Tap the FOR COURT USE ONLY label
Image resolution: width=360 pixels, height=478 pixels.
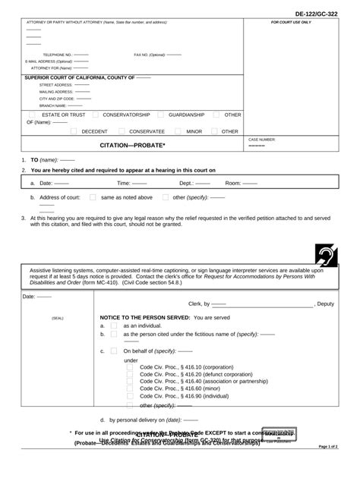tap(291, 23)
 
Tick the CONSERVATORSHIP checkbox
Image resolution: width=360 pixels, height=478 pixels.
tap(95, 115)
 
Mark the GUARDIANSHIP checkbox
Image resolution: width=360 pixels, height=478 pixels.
tap(160, 115)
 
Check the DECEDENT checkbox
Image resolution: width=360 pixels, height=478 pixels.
tap(73, 131)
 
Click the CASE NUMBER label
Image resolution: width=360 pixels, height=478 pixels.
tap(262, 140)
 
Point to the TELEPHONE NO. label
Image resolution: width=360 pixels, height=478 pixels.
tap(56, 55)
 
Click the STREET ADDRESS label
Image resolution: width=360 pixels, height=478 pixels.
tap(56, 85)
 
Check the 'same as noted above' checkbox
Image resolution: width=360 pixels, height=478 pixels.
tap(93, 197)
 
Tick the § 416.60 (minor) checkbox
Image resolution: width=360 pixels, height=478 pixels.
tap(130, 388)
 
